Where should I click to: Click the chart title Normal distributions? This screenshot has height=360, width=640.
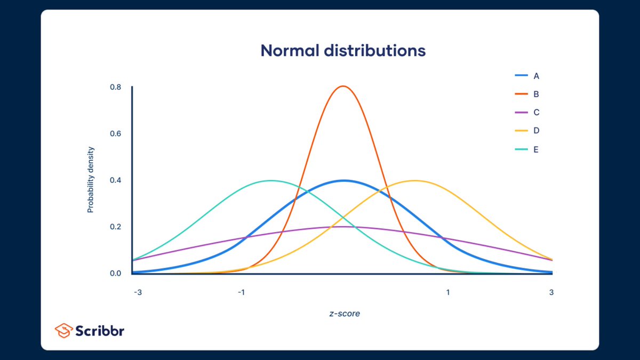tap(343, 51)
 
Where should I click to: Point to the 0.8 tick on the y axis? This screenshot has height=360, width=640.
tap(115, 87)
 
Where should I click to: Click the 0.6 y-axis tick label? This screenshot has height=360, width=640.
tap(115, 133)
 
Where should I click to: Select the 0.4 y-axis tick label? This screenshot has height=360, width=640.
tap(115, 180)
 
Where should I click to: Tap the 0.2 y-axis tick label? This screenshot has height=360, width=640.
tap(115, 227)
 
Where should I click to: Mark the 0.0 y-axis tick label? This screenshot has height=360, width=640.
tap(115, 273)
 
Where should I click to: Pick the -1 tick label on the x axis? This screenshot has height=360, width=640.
tap(241, 292)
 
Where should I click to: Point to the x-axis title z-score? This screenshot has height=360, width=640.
tap(344, 314)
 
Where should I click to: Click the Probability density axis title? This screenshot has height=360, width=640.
tap(90, 180)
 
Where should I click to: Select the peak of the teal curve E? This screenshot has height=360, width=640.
tap(271, 180)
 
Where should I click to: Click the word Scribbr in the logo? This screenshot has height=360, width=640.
tap(100, 331)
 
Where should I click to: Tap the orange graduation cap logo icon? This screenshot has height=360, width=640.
tap(63, 331)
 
